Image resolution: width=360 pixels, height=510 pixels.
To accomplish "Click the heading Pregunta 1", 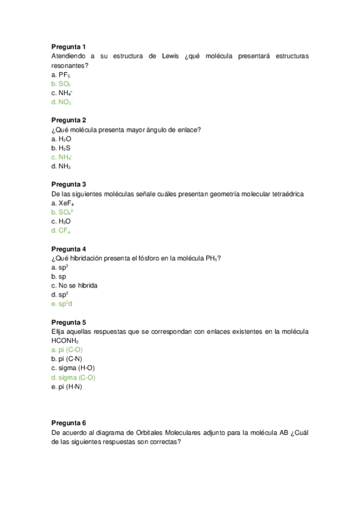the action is click(x=69, y=47).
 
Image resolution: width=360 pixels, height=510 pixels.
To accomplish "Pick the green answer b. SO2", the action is click(x=61, y=84).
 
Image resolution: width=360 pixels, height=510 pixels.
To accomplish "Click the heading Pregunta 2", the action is click(x=69, y=120).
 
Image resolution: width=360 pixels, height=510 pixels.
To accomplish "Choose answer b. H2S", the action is click(x=61, y=147).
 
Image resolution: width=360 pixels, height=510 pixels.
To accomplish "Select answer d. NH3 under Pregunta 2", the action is click(x=61, y=166).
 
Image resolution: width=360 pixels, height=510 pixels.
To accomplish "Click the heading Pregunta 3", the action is click(x=69, y=184).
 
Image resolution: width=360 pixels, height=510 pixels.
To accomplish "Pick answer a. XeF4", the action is click(x=61, y=203).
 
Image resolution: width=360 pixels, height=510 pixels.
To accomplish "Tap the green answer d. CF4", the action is click(x=61, y=230).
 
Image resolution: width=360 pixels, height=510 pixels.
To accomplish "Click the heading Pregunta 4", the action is click(x=69, y=248).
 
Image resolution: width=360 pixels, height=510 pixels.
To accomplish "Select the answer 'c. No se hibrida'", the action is click(x=75, y=285).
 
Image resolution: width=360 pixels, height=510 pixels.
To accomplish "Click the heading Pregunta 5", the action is click(x=69, y=322).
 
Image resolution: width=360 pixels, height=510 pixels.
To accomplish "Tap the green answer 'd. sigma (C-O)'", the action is click(x=73, y=377).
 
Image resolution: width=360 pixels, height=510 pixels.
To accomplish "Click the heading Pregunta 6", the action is click(x=69, y=423).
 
